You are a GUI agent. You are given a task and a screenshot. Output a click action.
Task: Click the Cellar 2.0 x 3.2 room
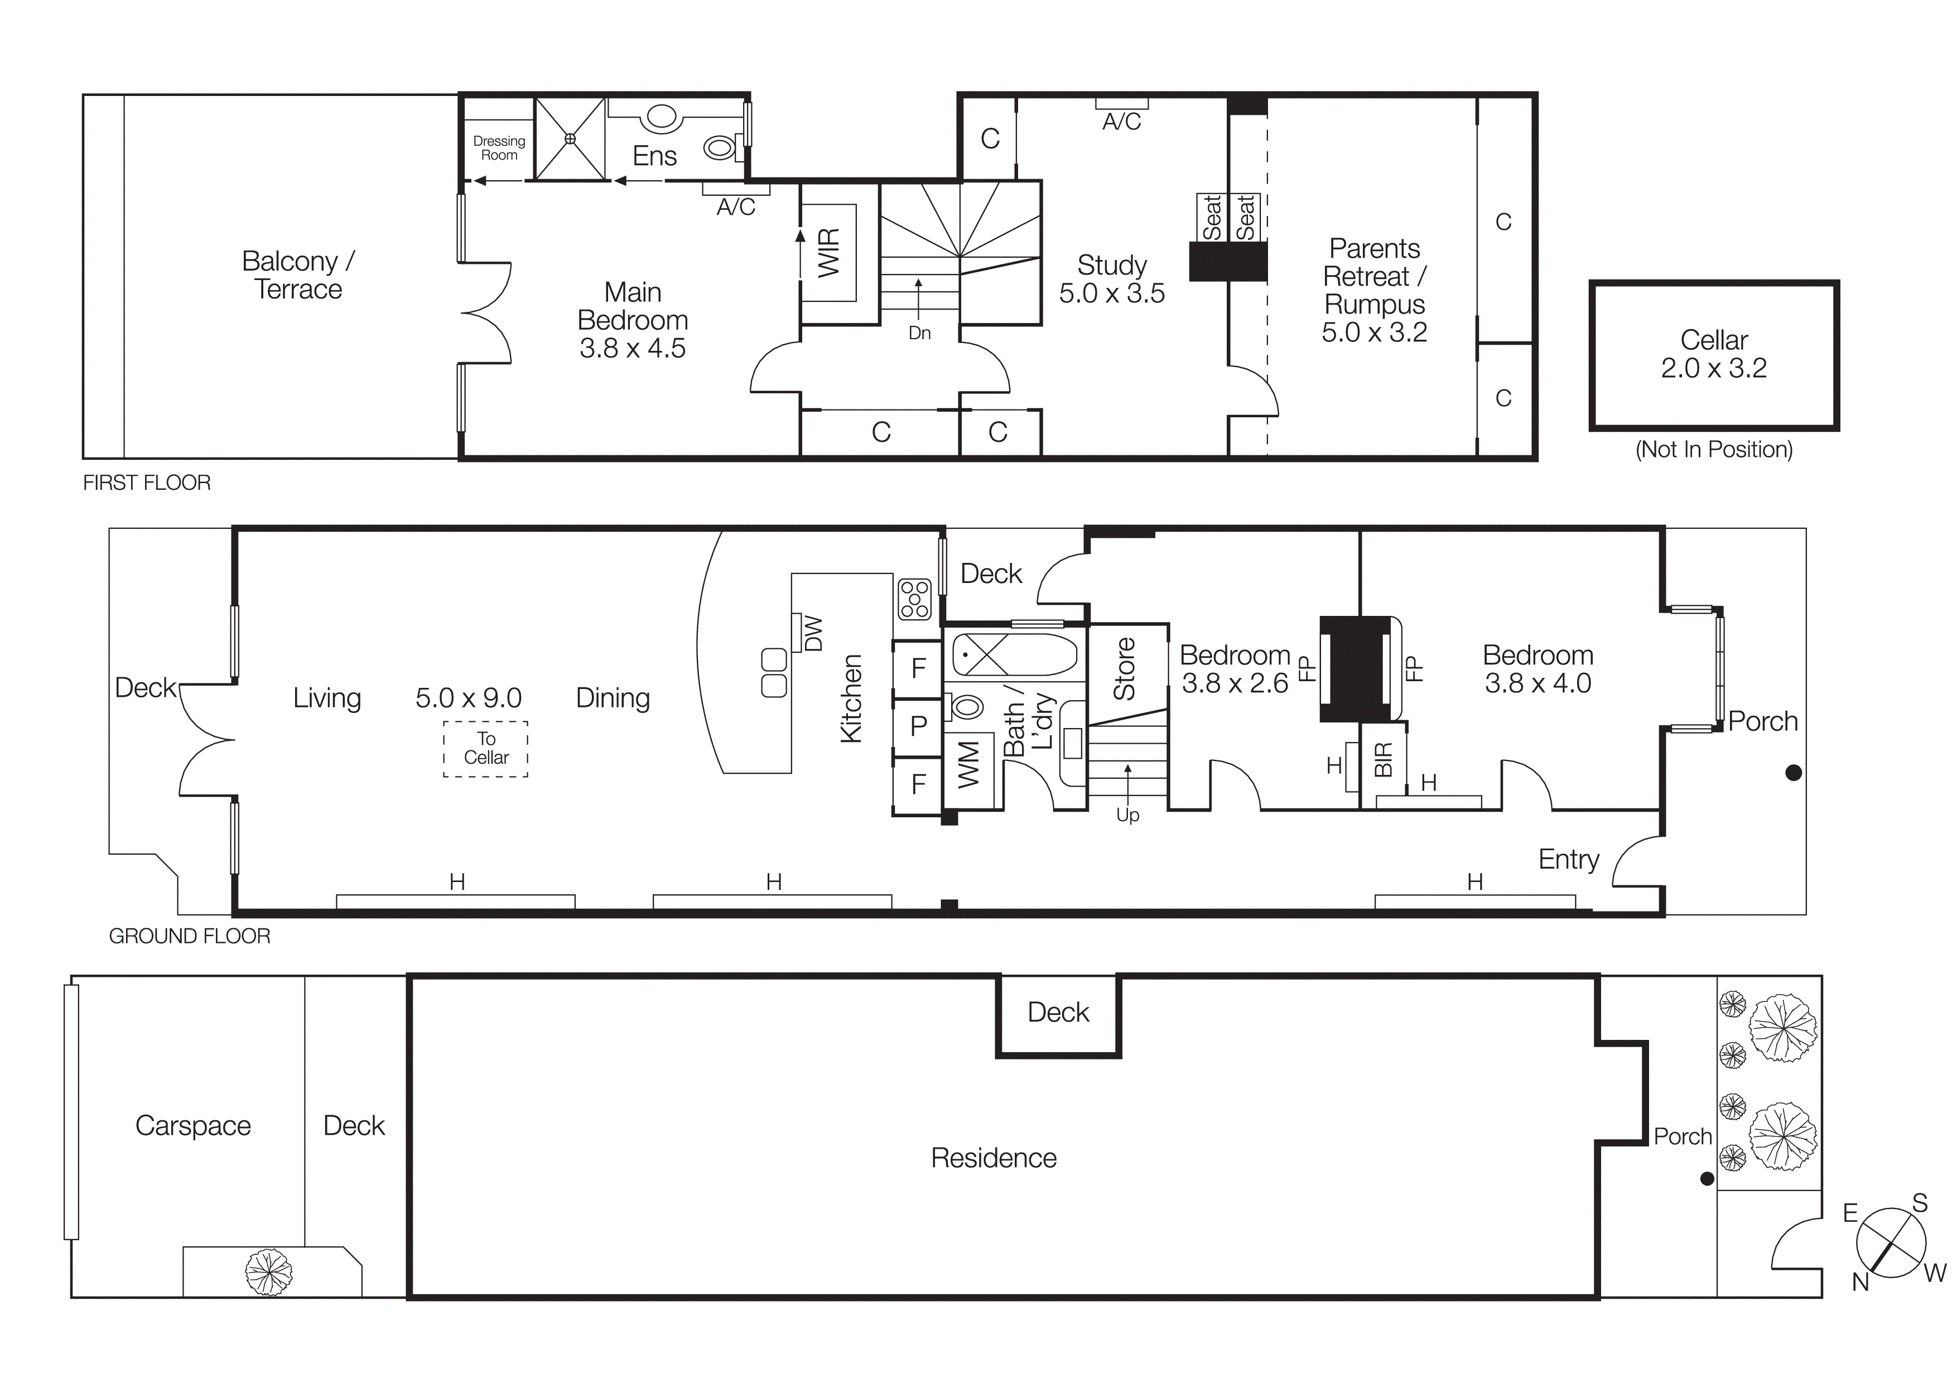coord(1713,354)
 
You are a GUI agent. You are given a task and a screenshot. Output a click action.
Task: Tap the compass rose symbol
coord(1891,1242)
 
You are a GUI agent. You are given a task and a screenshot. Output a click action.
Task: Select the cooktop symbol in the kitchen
coord(914,599)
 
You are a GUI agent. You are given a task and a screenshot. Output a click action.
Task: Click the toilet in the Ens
coord(720,148)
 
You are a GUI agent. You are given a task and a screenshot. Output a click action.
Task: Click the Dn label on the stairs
coord(919,333)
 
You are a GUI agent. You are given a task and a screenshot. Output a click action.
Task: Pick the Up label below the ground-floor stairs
coord(1127,816)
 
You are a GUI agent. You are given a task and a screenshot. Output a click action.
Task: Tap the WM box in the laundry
coord(969,764)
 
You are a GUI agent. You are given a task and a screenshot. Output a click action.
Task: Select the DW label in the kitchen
coord(813,633)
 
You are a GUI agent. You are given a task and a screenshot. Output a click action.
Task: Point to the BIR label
coord(1382,759)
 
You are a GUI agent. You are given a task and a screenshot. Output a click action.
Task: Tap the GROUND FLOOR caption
coord(189,936)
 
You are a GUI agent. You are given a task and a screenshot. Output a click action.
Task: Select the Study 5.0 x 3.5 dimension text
coord(1111,293)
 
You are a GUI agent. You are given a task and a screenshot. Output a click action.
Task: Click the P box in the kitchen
coord(918,726)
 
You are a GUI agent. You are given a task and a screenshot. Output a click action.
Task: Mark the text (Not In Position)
coord(1713,449)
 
